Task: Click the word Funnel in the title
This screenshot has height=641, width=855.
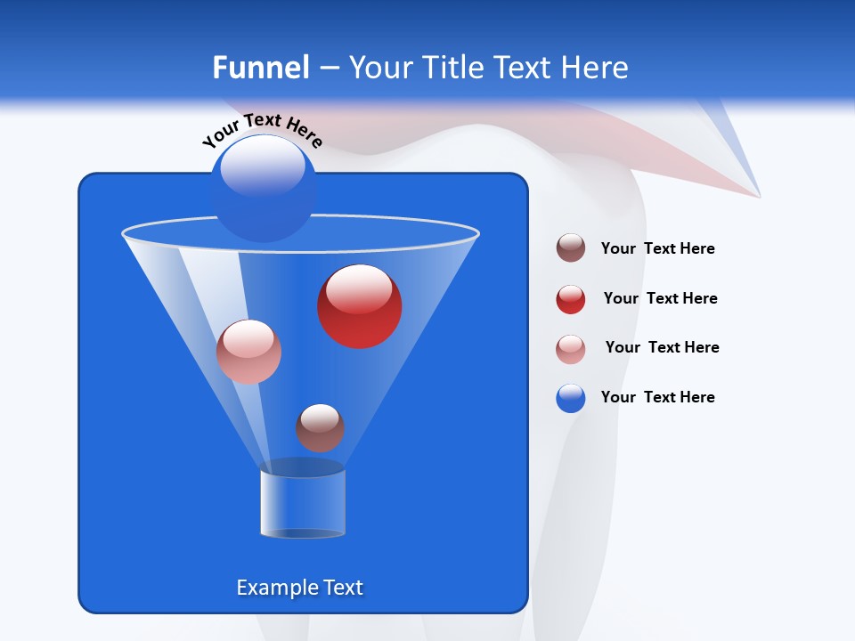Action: tap(260, 67)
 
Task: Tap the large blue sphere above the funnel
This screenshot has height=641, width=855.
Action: tap(263, 188)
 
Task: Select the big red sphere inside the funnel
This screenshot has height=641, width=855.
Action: tap(359, 306)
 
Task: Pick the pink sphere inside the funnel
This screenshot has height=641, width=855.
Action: tap(248, 352)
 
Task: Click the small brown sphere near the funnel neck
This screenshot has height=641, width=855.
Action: tap(320, 427)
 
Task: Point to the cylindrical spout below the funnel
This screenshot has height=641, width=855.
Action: tap(303, 503)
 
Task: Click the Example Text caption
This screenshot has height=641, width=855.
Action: tap(299, 588)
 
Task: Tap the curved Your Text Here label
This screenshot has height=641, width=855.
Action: tap(263, 131)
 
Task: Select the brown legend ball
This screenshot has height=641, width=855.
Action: tap(571, 248)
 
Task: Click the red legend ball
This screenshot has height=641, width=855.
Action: tap(571, 299)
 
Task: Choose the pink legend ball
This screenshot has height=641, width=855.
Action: tap(571, 349)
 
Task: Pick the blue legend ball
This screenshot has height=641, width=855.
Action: tap(571, 398)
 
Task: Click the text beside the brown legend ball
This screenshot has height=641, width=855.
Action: tap(657, 248)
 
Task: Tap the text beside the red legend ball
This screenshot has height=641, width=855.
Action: tap(660, 298)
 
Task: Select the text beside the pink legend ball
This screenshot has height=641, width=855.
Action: tap(662, 347)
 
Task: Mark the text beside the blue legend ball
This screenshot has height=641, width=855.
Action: tap(657, 397)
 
